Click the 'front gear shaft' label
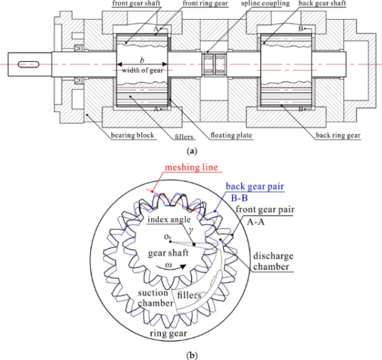[136, 3]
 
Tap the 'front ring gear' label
[205, 3]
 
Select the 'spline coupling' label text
[265, 3]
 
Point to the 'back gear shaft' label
[322, 3]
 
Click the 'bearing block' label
[132, 135]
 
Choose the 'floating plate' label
[231, 135]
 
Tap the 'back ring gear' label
[338, 135]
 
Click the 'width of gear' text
[142, 71]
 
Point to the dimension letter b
[142, 60]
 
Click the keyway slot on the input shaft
[28, 65]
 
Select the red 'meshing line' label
[191, 168]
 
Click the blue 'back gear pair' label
[255, 186]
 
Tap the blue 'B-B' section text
[240, 198]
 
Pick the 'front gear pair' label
[265, 209]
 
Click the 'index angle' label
[169, 219]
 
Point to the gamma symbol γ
[191, 230]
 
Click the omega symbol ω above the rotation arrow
[168, 264]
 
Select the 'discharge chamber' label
[273, 262]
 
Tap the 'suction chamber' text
[155, 298]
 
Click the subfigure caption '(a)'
[191, 151]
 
